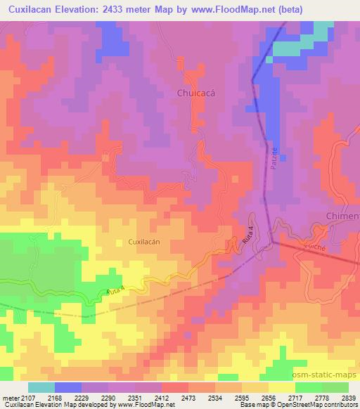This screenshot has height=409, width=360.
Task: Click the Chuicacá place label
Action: click(196, 91)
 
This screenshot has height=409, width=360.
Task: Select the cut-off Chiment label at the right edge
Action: click(343, 216)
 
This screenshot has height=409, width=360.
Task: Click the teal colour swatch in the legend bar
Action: click(41, 387)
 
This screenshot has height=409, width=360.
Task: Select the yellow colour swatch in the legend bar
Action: click(281, 387)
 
